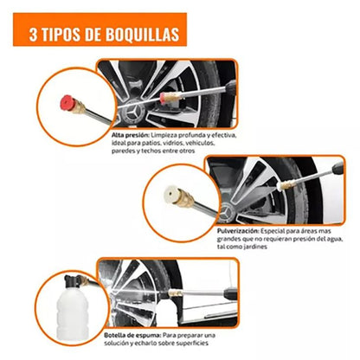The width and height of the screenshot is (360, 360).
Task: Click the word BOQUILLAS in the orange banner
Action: [142, 35]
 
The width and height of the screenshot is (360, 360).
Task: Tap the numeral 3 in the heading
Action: [33, 35]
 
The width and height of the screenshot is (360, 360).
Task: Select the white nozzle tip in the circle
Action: [170, 194]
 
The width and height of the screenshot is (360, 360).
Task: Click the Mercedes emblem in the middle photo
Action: [228, 214]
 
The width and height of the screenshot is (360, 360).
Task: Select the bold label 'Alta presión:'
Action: [131, 135]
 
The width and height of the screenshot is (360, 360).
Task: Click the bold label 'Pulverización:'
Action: [238, 231]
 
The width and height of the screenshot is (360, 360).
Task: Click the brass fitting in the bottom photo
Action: [176, 293]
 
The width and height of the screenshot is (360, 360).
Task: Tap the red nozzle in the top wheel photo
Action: [163, 98]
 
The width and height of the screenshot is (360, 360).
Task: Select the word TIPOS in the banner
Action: [61, 35]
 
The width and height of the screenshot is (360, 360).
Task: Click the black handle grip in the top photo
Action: [231, 86]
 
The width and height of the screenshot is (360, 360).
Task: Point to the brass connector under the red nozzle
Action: [79, 106]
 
